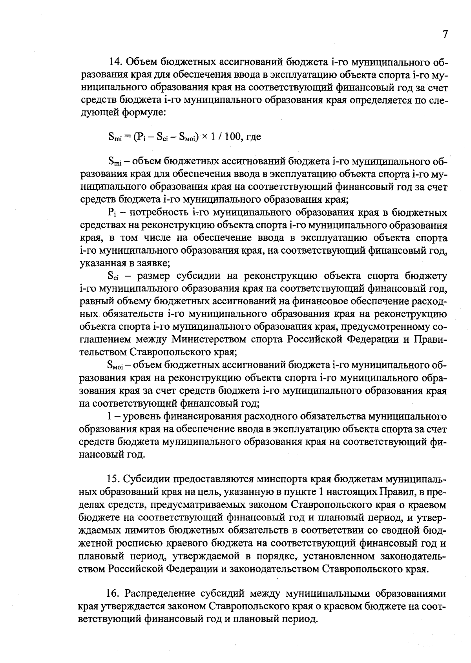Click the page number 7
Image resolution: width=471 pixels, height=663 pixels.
(x=445, y=35)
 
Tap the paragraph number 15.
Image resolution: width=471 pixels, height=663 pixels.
(x=113, y=480)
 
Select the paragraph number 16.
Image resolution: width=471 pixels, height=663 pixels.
(x=114, y=594)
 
